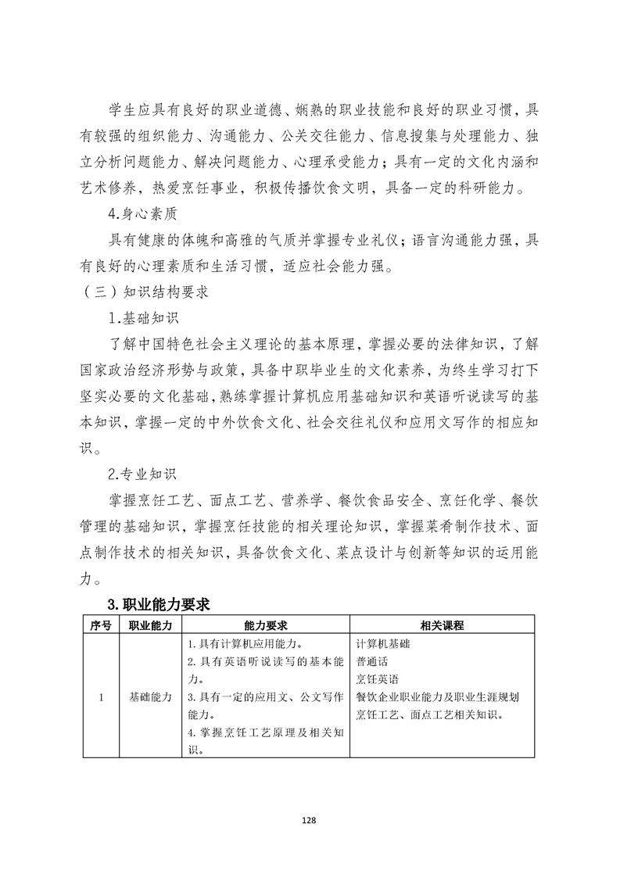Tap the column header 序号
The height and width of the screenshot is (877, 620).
(101, 625)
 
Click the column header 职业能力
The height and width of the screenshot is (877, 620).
(151, 625)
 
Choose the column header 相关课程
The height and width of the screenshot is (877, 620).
(442, 625)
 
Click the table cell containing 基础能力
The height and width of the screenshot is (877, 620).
(151, 697)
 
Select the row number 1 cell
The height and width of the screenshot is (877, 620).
(101, 697)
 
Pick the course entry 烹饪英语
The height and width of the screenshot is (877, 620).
(377, 679)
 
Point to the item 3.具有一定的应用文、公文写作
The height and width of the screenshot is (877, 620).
(266, 697)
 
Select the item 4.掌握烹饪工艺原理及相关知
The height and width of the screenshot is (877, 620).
(266, 732)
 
